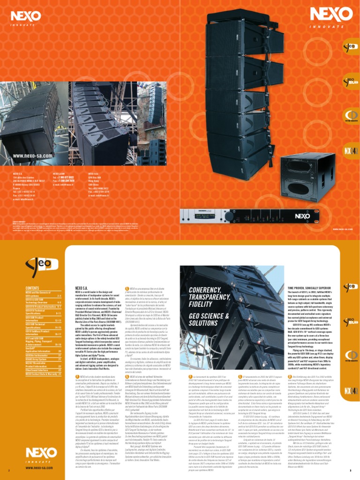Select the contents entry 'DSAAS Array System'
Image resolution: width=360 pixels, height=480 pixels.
click(x=38, y=359)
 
